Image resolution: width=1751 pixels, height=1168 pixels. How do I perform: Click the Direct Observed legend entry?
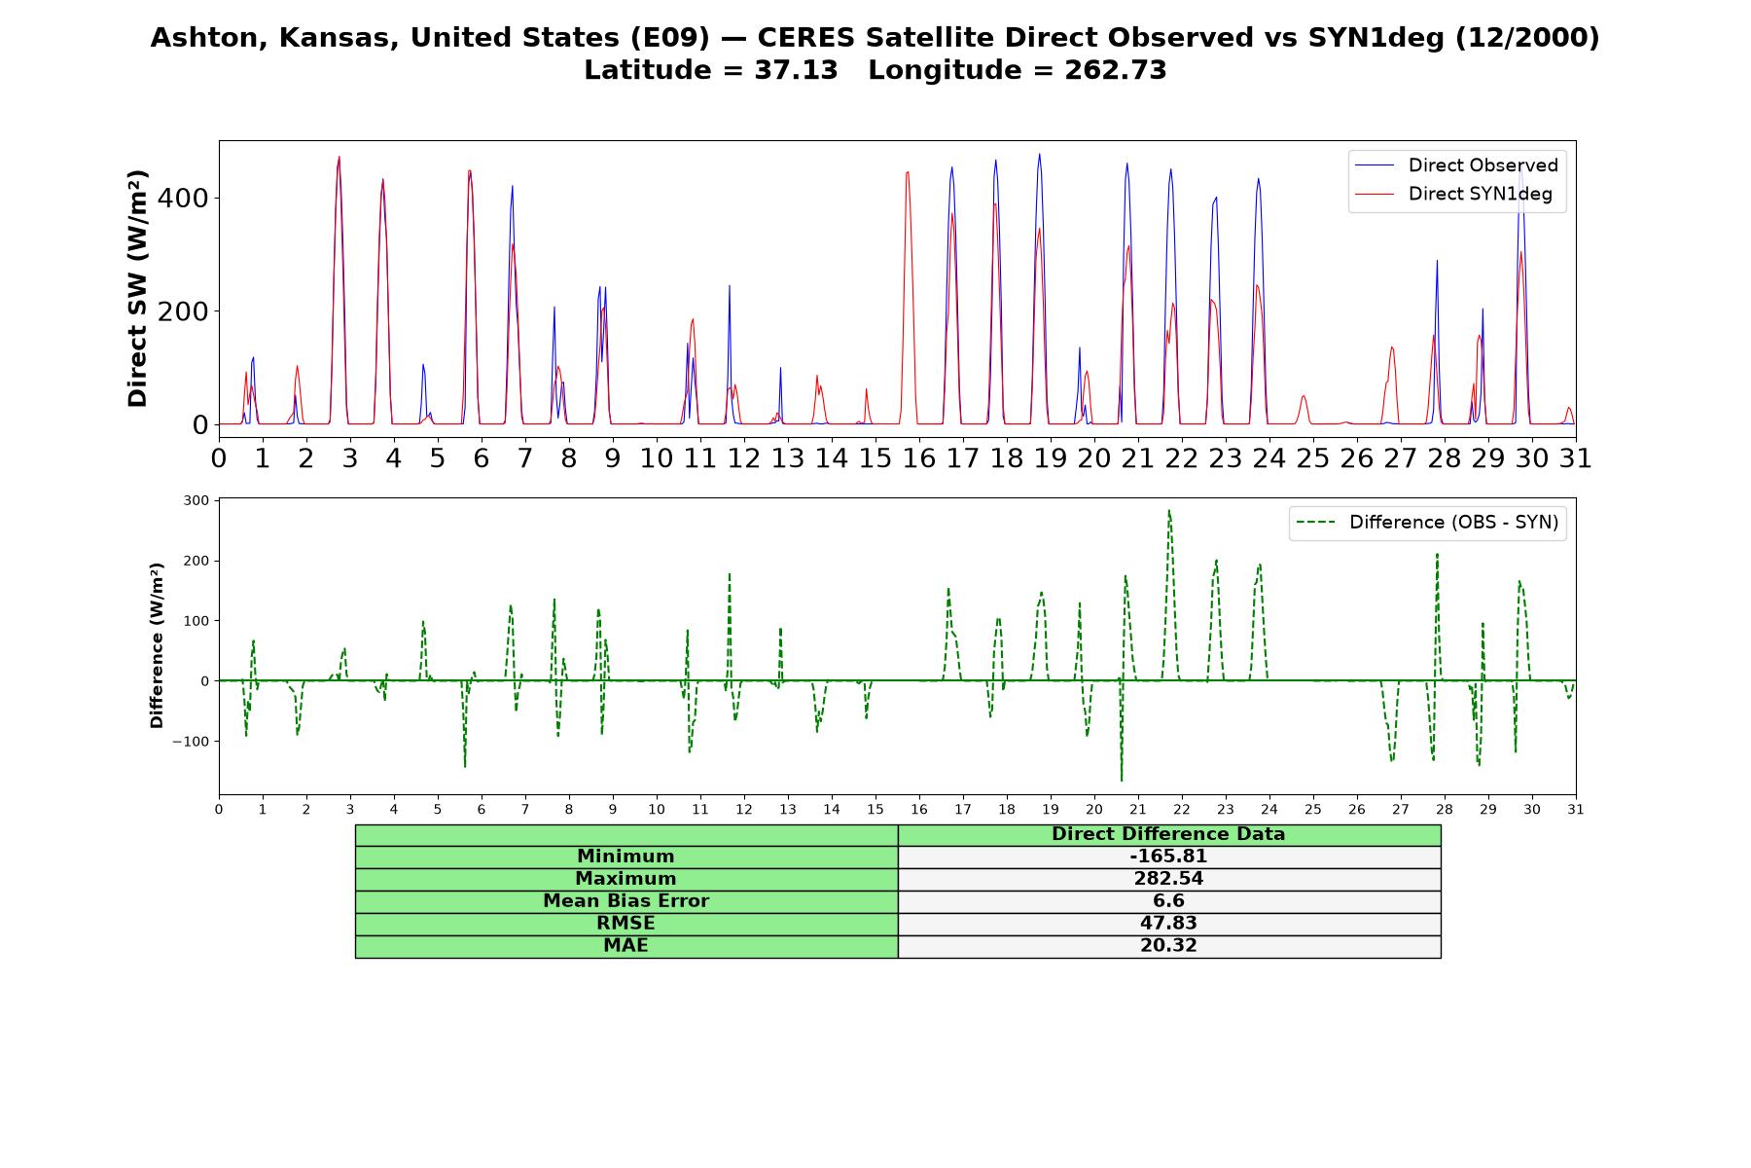tap(1456, 165)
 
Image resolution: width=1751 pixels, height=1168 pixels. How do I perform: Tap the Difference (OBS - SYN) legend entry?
tap(1427, 523)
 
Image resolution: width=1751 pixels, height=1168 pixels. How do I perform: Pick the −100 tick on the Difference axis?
tap(191, 741)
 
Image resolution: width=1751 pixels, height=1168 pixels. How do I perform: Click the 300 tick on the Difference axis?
tap(196, 500)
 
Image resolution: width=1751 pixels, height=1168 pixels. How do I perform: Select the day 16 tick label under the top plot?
tap(919, 457)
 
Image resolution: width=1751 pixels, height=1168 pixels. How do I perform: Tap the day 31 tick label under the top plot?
tap(1576, 457)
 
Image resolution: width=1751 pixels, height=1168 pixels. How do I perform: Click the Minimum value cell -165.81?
tap(1168, 857)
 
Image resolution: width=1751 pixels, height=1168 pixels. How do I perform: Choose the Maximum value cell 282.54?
tap(1168, 879)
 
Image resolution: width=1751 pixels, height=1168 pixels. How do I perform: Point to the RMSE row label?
tap(625, 924)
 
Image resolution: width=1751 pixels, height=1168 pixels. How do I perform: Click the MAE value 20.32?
tap(1168, 946)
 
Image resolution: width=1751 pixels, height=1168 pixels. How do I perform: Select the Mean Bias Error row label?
tap(625, 901)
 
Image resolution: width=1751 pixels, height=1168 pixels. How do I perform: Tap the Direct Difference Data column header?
tap(1168, 834)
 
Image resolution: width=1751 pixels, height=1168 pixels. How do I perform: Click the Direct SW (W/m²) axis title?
tap(138, 288)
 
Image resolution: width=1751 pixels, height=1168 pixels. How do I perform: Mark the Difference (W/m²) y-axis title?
tap(157, 645)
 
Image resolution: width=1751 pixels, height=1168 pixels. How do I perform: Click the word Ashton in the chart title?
tap(197, 38)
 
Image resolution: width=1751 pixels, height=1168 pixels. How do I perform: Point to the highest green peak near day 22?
tap(1168, 510)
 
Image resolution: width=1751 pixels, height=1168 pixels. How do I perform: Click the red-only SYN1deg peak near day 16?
tap(907, 173)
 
